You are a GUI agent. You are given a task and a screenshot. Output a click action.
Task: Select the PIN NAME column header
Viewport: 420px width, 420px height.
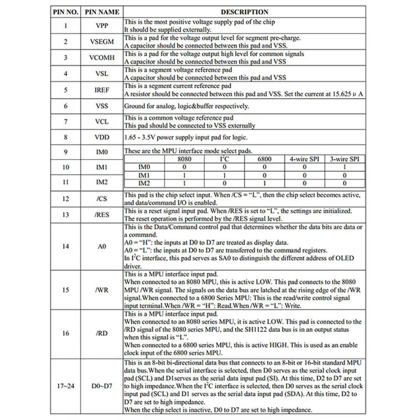[x=102, y=12]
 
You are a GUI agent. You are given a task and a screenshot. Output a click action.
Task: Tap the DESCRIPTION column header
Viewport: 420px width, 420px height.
[x=244, y=12]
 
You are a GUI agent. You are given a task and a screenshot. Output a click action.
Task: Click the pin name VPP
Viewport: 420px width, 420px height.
[x=102, y=26]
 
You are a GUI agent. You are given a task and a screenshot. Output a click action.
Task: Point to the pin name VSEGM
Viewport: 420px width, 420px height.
[x=102, y=42]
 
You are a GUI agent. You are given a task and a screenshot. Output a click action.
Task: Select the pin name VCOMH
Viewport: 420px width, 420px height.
[x=102, y=58]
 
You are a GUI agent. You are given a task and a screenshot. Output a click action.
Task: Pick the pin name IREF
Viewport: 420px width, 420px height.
[x=102, y=90]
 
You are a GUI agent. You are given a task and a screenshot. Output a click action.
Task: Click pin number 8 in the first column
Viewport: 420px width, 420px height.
[x=65, y=138]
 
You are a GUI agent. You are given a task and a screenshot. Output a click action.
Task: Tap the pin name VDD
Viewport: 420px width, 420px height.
[x=102, y=138]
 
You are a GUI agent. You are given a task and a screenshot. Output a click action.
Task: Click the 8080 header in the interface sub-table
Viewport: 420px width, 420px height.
[x=185, y=159]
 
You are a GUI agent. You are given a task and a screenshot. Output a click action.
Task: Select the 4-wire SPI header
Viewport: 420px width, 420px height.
[x=303, y=159]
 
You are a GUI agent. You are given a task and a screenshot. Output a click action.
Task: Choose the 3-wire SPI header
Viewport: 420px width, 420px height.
[x=344, y=159]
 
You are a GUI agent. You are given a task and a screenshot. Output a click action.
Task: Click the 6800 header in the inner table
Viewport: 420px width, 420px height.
[x=265, y=159]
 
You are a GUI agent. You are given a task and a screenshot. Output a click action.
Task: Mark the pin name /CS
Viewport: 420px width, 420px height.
[x=102, y=199]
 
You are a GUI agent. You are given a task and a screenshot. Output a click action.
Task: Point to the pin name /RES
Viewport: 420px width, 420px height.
[x=102, y=215]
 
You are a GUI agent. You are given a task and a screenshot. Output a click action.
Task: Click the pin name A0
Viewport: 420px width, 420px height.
[x=102, y=245]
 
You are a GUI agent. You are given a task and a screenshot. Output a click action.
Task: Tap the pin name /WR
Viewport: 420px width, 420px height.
[x=102, y=289]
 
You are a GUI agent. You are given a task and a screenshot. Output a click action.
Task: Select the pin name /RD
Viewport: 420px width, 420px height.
[x=102, y=333]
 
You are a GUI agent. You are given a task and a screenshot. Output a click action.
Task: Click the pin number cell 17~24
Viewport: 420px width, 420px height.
[x=65, y=387]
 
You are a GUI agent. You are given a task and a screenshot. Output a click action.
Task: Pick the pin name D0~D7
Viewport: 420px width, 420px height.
[x=102, y=387]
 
